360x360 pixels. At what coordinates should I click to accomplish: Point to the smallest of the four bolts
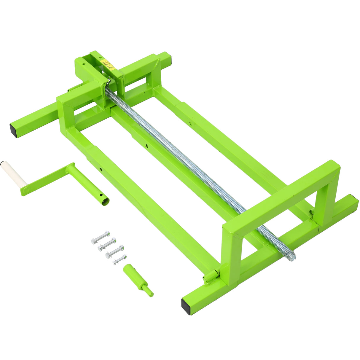coord(120,259)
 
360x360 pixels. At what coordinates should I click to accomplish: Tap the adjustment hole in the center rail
coord(146,146)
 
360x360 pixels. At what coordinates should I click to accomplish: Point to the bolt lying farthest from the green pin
coord(100,237)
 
